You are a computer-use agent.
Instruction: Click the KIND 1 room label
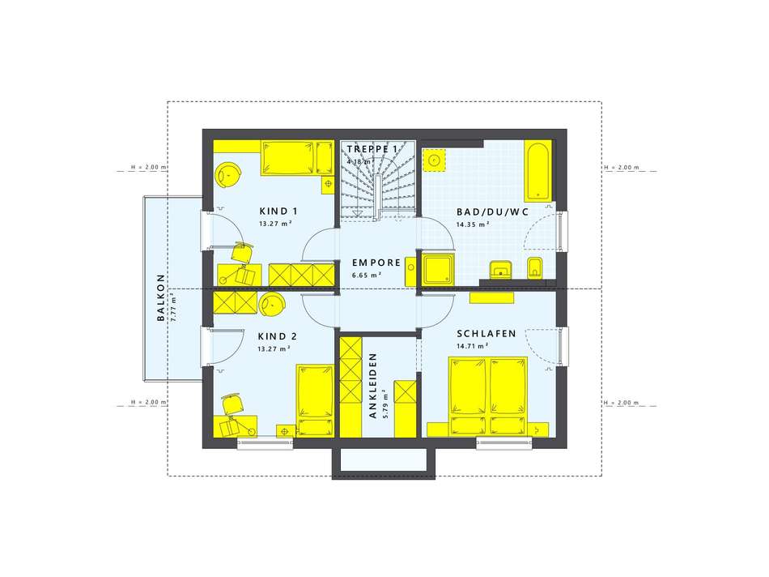click(x=278, y=212)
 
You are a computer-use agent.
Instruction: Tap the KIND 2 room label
click(x=277, y=336)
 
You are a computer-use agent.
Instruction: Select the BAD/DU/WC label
click(x=492, y=212)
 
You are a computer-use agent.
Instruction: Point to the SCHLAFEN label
click(x=486, y=333)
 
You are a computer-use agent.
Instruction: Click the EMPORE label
click(x=376, y=263)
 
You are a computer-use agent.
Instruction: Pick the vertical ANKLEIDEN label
click(x=372, y=386)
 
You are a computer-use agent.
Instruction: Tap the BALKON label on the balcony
click(x=161, y=297)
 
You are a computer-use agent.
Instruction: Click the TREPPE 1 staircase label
click(x=372, y=149)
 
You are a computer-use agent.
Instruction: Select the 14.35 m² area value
click(x=472, y=224)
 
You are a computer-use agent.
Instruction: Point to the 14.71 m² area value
click(x=472, y=346)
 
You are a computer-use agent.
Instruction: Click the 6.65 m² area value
click(x=367, y=275)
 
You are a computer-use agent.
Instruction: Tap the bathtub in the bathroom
click(x=538, y=171)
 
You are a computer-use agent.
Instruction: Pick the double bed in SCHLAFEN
click(x=488, y=396)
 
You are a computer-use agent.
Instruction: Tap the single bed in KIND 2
click(x=316, y=400)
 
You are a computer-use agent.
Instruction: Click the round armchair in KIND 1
click(x=228, y=175)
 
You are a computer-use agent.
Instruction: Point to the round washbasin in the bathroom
click(x=434, y=160)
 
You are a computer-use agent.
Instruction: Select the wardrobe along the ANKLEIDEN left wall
click(x=351, y=387)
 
